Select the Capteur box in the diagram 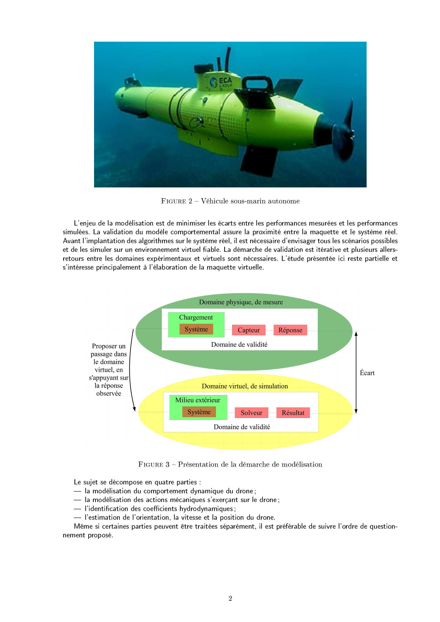point(249,330)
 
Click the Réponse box point(290,330)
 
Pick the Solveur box point(251,413)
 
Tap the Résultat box point(293,413)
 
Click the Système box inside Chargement point(196,329)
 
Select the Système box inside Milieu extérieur point(199,412)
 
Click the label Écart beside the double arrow point(367,373)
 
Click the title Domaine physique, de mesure point(241,302)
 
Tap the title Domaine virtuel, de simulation point(245,386)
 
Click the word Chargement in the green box point(196,317)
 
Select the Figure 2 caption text point(230,201)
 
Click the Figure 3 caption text point(230,464)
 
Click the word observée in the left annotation point(109,393)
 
